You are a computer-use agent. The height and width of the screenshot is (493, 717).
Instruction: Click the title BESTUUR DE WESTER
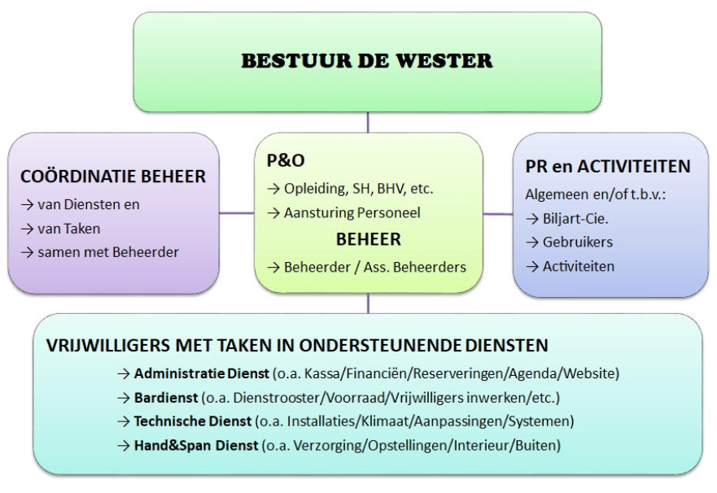pos(367,61)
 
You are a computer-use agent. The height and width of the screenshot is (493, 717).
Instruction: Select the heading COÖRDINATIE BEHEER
pos(113,177)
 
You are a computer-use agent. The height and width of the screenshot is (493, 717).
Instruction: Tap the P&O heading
pos(286,160)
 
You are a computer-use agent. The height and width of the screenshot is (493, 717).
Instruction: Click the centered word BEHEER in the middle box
pos(368,239)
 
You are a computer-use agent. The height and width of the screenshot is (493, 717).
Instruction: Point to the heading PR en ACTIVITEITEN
pos(608,166)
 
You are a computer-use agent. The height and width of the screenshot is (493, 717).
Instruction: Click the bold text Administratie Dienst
pos(201,373)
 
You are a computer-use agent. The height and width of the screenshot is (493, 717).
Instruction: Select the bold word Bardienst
pos(165,398)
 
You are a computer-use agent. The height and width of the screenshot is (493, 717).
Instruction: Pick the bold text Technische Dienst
pos(193,421)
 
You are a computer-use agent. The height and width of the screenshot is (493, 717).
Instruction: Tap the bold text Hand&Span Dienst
pos(195,445)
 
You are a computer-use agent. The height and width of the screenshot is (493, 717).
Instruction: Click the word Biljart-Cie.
pos(575,218)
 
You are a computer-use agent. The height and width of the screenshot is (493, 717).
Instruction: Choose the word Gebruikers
pos(578,242)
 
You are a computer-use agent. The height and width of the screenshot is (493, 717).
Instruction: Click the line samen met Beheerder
pos(108,252)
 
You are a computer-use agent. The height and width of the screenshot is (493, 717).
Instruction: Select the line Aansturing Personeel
pos(352,213)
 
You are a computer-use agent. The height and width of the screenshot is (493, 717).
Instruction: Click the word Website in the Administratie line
pos(590,373)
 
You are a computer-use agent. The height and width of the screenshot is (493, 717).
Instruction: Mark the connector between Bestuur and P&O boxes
pos(368,123)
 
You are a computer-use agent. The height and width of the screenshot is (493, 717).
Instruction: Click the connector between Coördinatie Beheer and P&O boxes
pos(236,213)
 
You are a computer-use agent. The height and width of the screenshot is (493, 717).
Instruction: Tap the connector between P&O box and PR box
pos(498,213)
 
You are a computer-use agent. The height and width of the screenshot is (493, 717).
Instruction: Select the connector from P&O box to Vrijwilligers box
pos(368,303)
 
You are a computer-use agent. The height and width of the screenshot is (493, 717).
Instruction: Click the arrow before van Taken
pos(27,229)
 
